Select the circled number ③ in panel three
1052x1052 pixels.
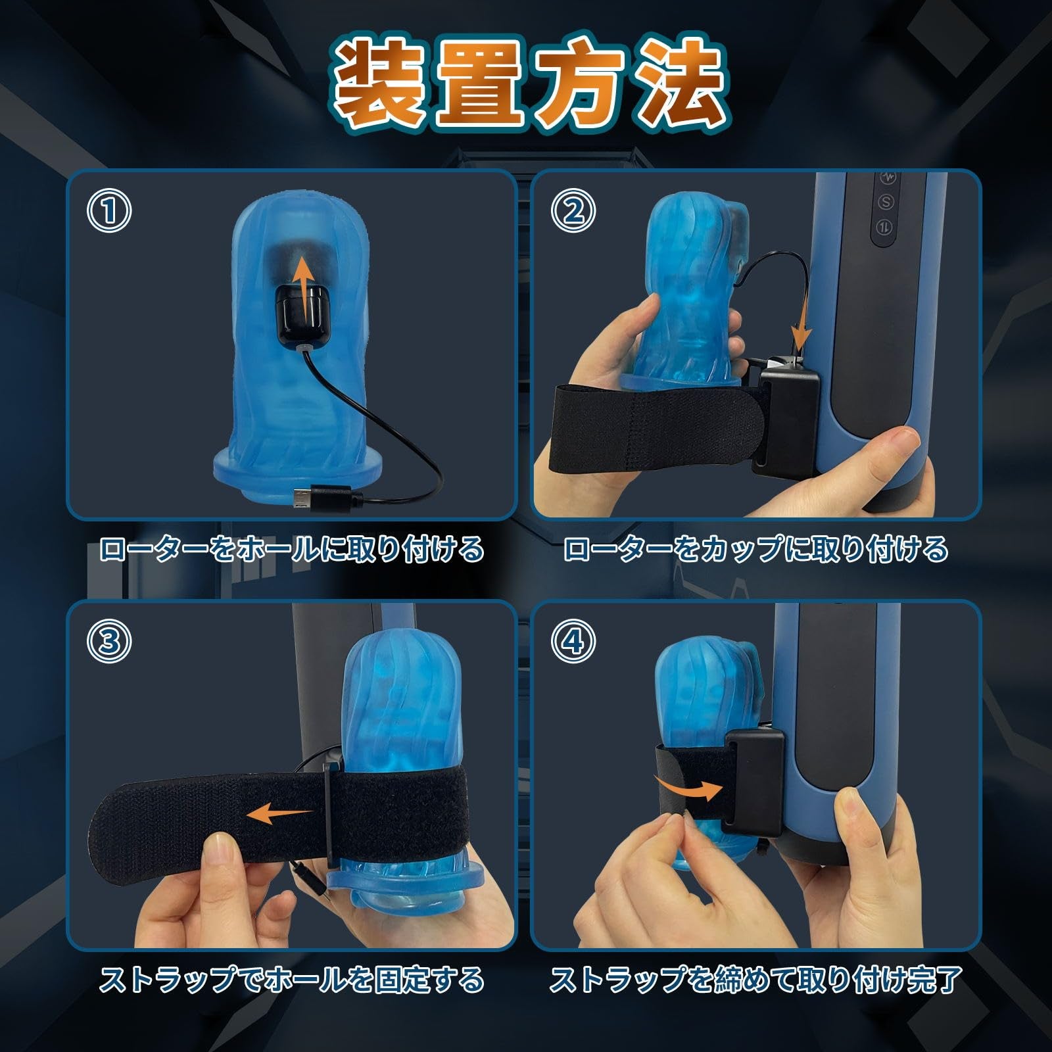[109, 641]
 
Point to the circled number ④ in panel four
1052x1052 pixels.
[573, 641]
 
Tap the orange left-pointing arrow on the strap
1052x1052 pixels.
[279, 815]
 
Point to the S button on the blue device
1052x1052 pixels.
[889, 202]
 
